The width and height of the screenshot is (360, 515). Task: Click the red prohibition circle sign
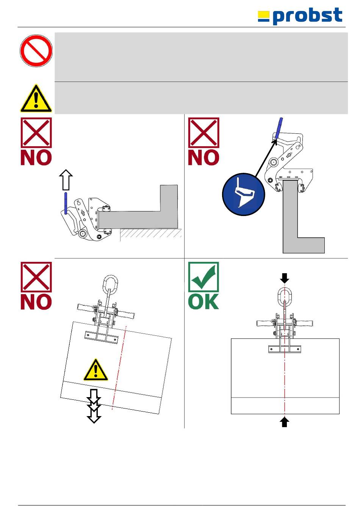(36, 51)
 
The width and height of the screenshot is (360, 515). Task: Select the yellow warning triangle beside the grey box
(36, 99)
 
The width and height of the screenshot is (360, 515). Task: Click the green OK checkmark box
(203, 277)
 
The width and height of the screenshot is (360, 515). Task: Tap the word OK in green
(203, 302)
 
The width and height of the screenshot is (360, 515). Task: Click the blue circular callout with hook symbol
(243, 194)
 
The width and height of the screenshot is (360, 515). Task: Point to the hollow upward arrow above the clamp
(66, 180)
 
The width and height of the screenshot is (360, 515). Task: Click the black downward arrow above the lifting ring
(285, 279)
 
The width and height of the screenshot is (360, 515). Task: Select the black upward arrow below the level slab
(285, 421)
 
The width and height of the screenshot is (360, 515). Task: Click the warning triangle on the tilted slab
(96, 370)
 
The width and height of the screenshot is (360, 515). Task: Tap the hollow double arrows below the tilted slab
(94, 405)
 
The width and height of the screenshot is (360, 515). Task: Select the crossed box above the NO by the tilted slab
(36, 277)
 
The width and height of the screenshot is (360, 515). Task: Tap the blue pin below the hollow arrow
(66, 203)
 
